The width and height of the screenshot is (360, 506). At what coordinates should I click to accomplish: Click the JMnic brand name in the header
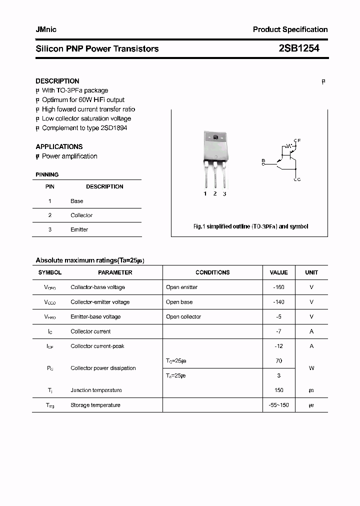[x=46, y=29]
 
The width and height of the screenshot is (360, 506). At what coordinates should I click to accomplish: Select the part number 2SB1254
[x=299, y=48]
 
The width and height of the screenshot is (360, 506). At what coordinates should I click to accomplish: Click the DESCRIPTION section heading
[x=57, y=81]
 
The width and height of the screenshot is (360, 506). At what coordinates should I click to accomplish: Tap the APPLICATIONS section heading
[x=59, y=146]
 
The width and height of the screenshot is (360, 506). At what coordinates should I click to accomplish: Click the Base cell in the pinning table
[x=77, y=201]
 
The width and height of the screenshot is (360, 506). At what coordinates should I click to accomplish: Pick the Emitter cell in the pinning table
[x=79, y=229]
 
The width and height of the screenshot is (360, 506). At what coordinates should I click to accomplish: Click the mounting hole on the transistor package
[x=215, y=137]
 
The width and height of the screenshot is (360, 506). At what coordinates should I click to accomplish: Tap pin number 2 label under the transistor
[x=215, y=193]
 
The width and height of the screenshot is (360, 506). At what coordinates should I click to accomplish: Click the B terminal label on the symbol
[x=263, y=160]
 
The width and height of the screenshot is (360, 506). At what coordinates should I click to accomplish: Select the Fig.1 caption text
[x=250, y=226]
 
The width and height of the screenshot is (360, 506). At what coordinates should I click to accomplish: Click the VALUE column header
[x=278, y=272]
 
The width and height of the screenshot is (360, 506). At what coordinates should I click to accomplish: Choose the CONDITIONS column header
[x=212, y=272]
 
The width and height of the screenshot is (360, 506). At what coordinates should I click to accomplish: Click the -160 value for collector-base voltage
[x=278, y=287]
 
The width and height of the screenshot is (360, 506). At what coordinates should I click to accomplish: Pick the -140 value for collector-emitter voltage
[x=278, y=302]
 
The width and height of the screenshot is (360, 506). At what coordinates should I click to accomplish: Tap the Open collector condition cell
[x=183, y=316]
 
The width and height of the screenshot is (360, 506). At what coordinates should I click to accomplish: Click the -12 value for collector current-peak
[x=278, y=346]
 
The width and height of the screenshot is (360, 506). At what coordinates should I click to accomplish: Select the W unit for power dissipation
[x=311, y=368]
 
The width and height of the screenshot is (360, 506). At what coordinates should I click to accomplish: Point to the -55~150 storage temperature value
[x=278, y=405]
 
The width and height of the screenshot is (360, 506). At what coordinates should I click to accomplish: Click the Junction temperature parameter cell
[x=96, y=390]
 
